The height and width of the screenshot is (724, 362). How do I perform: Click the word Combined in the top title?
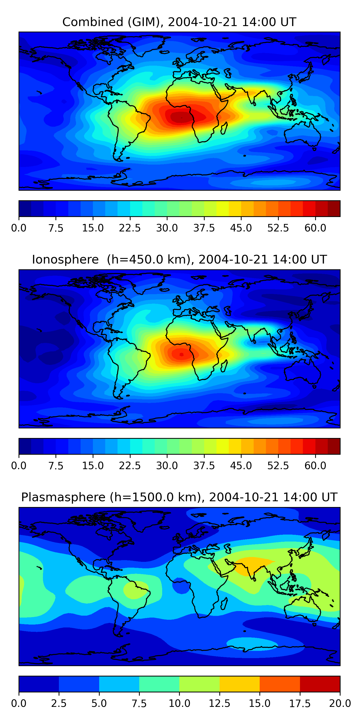coord(93,22)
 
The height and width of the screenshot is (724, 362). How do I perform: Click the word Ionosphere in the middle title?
coord(65,259)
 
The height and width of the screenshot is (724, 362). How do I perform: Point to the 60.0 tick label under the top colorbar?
coord(315,228)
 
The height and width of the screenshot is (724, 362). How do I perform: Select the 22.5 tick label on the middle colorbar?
coord(130,466)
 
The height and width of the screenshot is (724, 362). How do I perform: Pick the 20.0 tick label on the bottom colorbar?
coord(340,703)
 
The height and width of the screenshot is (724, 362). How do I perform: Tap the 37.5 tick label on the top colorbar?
coord(204,228)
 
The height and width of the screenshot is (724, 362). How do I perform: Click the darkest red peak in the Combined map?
coord(180,117)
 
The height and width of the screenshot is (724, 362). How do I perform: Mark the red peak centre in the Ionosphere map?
coord(181,355)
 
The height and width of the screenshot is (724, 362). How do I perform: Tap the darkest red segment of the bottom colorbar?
coord(320,684)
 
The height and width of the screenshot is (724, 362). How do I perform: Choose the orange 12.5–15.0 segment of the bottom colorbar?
coord(239,684)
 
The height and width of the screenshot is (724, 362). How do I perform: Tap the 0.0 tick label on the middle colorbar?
coord(19,466)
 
